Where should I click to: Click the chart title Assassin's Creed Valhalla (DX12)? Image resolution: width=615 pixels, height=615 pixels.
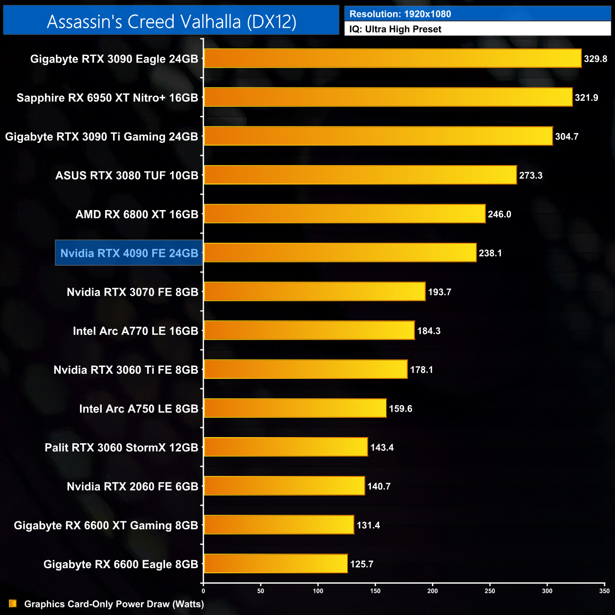tap(171, 21)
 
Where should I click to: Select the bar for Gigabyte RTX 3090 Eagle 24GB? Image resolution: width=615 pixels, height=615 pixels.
tap(393, 59)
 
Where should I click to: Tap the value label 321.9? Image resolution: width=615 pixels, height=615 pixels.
tap(586, 98)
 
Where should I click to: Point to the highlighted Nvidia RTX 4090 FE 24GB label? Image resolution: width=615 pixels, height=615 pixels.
tap(129, 253)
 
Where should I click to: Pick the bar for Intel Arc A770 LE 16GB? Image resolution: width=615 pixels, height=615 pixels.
tap(309, 331)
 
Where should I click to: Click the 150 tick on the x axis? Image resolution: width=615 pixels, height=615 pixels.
tap(375, 591)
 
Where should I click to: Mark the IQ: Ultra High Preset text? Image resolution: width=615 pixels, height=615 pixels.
tap(395, 29)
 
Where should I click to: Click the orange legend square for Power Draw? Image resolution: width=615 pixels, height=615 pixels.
tap(13, 604)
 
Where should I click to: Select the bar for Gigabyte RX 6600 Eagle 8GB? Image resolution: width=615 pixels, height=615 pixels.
tap(276, 564)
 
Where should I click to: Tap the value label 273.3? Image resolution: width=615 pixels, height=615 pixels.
tap(530, 176)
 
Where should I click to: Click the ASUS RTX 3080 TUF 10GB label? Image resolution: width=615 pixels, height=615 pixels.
tap(127, 176)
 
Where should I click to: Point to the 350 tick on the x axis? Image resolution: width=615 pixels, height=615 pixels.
tap(604, 591)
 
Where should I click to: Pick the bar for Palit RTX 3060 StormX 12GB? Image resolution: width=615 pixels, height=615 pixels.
tap(286, 448)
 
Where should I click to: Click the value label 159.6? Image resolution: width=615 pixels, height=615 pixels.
tap(400, 409)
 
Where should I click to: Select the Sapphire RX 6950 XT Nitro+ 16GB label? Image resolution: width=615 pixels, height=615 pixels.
tap(107, 98)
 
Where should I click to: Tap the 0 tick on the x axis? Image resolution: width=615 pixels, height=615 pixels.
tap(203, 591)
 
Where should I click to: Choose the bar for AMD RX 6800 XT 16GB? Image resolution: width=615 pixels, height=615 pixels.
tap(345, 214)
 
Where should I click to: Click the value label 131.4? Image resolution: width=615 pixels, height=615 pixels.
tap(368, 525)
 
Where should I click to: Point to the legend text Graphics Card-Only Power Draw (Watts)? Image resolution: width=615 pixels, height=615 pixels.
tap(114, 604)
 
